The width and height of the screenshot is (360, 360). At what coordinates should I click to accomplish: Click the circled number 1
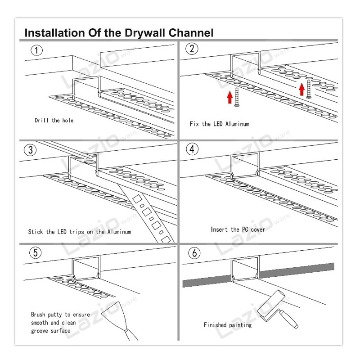click(37, 50)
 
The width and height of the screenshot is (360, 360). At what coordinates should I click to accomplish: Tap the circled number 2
click(192, 49)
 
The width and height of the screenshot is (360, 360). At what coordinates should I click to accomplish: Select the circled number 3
click(30, 150)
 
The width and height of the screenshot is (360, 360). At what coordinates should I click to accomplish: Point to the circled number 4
click(192, 149)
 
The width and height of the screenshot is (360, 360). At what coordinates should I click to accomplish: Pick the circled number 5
click(36, 252)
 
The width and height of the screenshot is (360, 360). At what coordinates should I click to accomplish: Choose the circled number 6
click(194, 253)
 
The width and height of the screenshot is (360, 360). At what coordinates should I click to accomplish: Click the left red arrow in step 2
click(230, 97)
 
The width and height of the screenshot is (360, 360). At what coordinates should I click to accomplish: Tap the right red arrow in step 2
click(302, 89)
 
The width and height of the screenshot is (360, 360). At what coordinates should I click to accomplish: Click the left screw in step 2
click(237, 97)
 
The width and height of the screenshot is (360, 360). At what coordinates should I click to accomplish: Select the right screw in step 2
click(309, 89)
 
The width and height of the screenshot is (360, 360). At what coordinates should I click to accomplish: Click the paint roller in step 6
click(277, 309)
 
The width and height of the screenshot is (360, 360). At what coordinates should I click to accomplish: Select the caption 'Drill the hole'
click(54, 120)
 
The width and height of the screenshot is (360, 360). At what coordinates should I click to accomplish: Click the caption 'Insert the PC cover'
click(238, 229)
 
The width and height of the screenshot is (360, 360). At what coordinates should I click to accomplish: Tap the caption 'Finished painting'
click(228, 325)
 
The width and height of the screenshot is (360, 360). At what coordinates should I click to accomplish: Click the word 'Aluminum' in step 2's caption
click(238, 124)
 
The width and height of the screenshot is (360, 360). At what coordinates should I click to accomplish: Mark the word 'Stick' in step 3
click(36, 232)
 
